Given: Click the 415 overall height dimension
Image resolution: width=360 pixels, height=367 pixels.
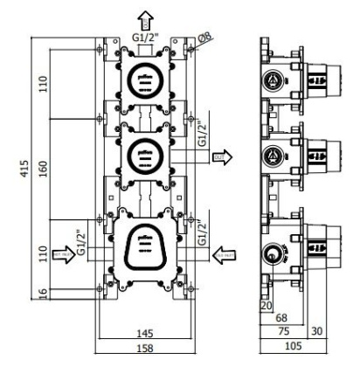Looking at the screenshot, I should [x=27, y=166].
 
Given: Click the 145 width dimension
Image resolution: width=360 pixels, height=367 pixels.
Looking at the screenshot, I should [x=144, y=334].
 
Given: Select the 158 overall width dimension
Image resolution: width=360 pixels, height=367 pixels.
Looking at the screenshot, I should [x=144, y=349].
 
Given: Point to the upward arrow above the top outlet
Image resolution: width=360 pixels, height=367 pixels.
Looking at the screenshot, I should [x=145, y=13].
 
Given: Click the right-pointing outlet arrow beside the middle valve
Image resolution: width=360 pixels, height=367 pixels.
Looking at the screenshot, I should [x=225, y=157].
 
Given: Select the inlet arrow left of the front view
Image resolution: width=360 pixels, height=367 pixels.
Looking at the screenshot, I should [x=64, y=255].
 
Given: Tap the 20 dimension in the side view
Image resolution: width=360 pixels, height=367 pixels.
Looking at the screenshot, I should [x=267, y=305].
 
